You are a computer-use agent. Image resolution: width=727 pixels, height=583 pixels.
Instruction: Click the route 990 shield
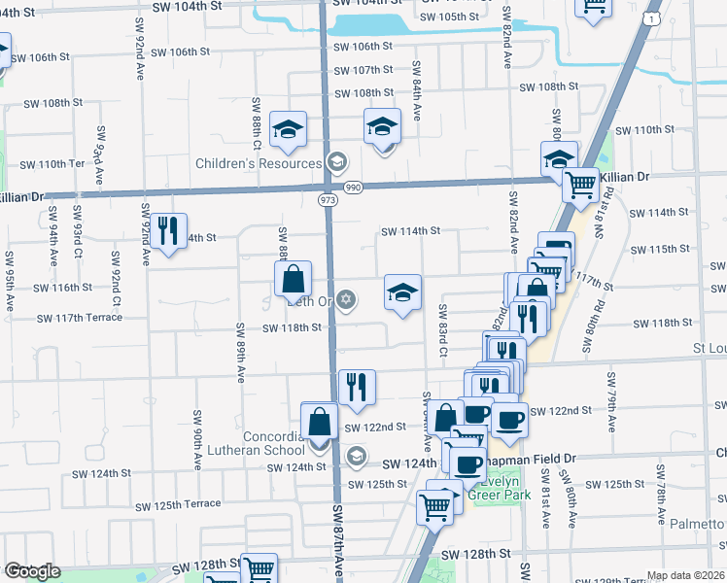[x=352, y=186]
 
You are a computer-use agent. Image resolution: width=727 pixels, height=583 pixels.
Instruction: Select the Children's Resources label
[x=259, y=163]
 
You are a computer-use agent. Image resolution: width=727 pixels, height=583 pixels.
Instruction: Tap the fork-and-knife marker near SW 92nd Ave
[x=169, y=230]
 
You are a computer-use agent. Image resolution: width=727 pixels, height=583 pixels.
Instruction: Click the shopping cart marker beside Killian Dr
[x=580, y=183]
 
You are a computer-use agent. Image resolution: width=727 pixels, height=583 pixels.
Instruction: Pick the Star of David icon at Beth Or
[x=346, y=299]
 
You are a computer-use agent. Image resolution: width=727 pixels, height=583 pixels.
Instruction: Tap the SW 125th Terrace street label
[x=178, y=505]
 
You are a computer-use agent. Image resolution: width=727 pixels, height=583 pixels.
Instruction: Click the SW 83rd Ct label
[x=441, y=330]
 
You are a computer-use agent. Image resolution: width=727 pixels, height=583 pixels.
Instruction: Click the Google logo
[x=32, y=571]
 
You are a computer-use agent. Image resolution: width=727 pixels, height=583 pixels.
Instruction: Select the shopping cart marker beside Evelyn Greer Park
[x=434, y=505]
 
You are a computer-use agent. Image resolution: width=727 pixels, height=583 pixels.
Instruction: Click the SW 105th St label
[x=453, y=17]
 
